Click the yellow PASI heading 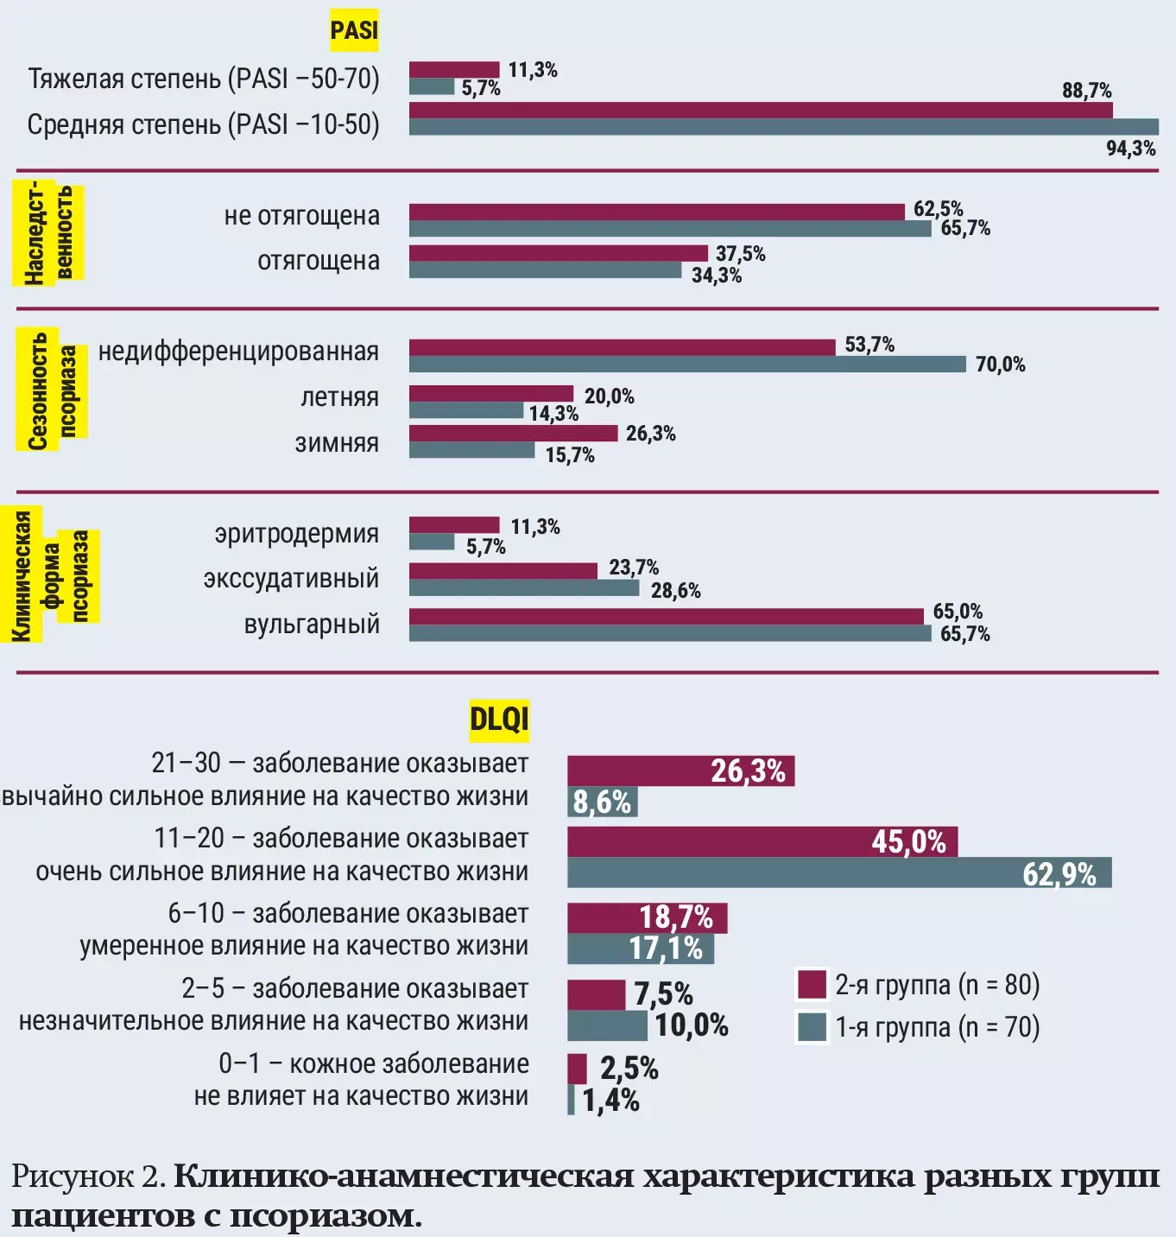[x=354, y=30]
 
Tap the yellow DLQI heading [x=499, y=719]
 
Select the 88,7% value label [x=1086, y=91]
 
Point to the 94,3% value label [x=1131, y=149]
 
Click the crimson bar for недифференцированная [x=622, y=347]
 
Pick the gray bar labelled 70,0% [x=686, y=365]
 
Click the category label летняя [x=339, y=397]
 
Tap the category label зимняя [x=337, y=443]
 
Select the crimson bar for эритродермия [x=454, y=525]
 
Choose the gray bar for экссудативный [x=523, y=588]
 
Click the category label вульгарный [x=312, y=625]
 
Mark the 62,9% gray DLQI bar [x=838, y=873]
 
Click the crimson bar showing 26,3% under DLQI [x=680, y=771]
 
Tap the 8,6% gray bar [x=602, y=802]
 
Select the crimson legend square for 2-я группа [x=812, y=984]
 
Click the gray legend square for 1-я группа [x=812, y=1027]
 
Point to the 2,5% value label [x=629, y=1069]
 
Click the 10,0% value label [x=692, y=1025]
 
